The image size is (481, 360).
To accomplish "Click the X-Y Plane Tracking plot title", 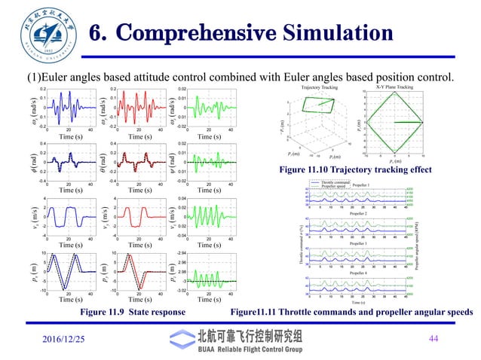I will [x=414, y=88].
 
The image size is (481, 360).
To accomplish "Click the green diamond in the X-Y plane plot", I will [x=414, y=121].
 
